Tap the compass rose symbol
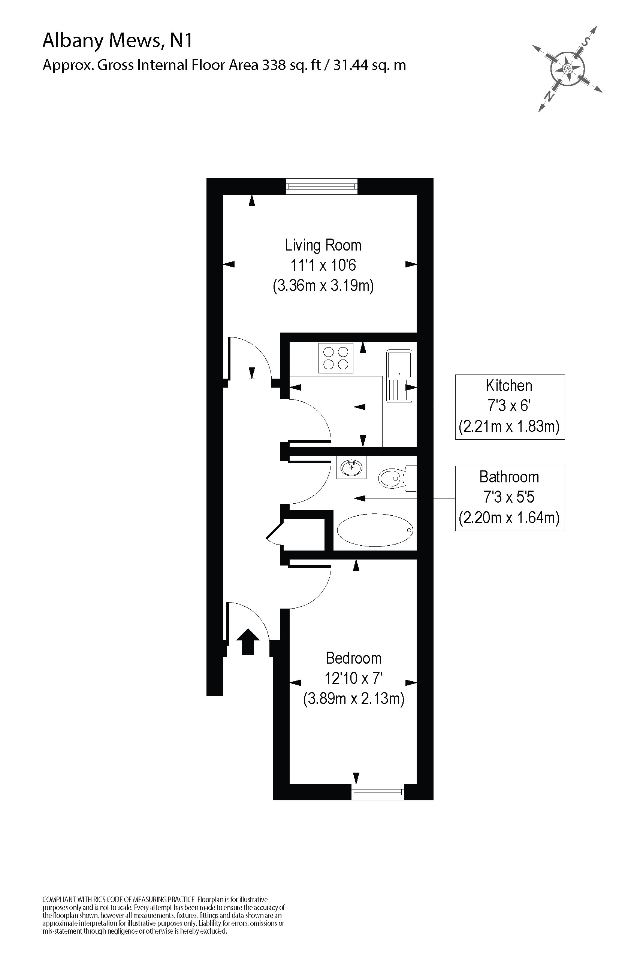coord(568,68)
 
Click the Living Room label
coord(323,245)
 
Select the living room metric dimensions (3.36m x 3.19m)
coord(323,285)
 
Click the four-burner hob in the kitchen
coord(336,358)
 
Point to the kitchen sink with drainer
coord(399,376)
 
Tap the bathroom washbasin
coord(351,467)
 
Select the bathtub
coord(375,530)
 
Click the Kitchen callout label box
coord(510,406)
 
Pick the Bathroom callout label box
coord(510,498)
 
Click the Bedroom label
coord(353,658)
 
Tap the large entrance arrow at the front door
coord(248,642)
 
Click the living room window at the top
coord(322,187)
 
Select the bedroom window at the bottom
coord(377,791)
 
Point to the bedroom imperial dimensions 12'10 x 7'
coord(353,678)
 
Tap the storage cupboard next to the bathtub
coord(304,534)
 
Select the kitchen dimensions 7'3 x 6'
coord(510,406)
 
